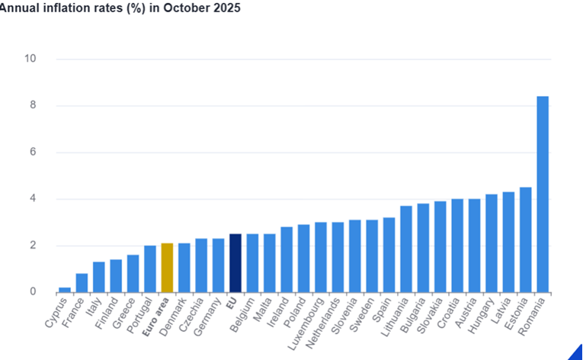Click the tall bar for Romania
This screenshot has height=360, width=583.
[543, 194]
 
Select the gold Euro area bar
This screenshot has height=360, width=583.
[167, 268]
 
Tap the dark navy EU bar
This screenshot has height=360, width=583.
[235, 263]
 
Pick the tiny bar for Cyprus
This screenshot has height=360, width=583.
[65, 289]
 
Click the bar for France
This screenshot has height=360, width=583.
[82, 282]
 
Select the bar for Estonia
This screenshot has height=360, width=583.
[525, 239]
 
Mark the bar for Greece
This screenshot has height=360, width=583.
[133, 273]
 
